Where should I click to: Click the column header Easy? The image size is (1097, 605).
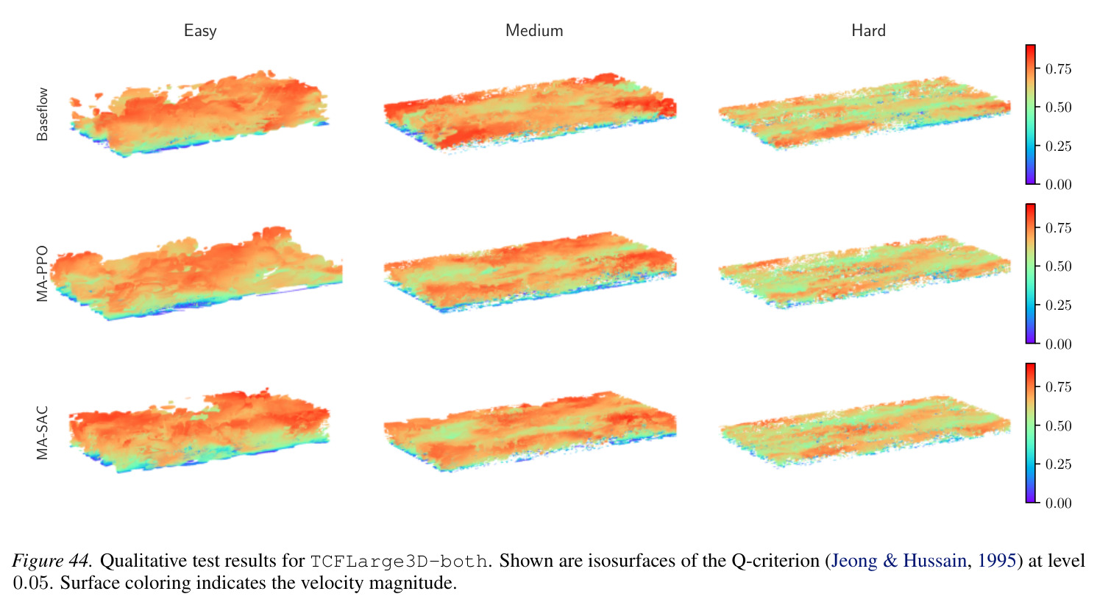pyautogui.click(x=200, y=31)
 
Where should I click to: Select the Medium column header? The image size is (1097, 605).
pyautogui.click(x=534, y=30)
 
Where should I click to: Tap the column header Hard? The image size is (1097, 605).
pyautogui.click(x=868, y=30)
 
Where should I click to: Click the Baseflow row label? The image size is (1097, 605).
pyautogui.click(x=42, y=114)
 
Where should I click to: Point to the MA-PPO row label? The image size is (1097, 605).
pyautogui.click(x=42, y=273)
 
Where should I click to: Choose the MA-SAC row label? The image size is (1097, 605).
pyautogui.click(x=42, y=433)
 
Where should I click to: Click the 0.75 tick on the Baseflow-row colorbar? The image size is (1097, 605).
pyautogui.click(x=1058, y=69)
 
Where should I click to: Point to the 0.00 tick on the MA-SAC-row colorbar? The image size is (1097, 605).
pyautogui.click(x=1058, y=503)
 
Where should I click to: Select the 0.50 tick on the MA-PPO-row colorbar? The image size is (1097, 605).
pyautogui.click(x=1058, y=266)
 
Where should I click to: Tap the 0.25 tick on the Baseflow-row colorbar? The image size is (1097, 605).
pyautogui.click(x=1058, y=146)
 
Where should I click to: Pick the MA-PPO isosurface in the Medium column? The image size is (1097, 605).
pyautogui.click(x=530, y=272)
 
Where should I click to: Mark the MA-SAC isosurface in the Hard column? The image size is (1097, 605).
pyautogui.click(x=865, y=431)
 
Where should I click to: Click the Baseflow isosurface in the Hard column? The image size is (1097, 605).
pyautogui.click(x=865, y=113)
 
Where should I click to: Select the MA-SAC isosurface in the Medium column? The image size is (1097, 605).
pyautogui.click(x=530, y=431)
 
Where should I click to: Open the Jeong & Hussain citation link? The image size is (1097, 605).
pyautogui.click(x=898, y=560)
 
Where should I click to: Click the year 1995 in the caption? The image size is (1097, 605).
pyautogui.click(x=997, y=560)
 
